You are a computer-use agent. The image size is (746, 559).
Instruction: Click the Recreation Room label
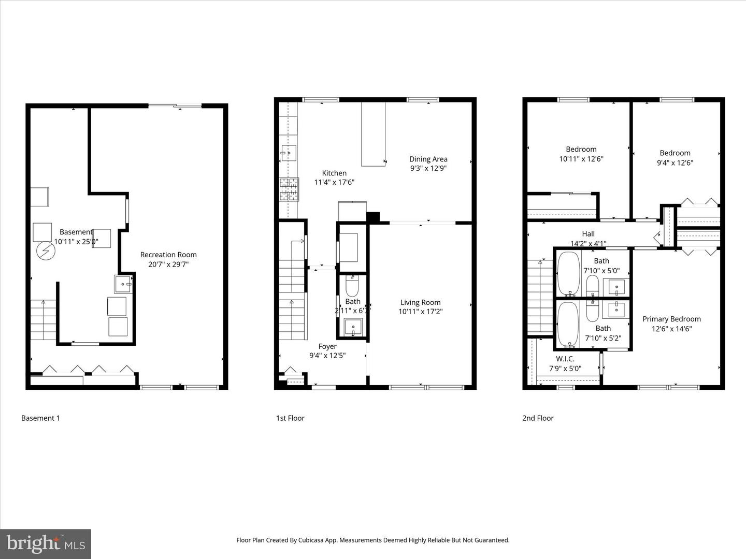168,255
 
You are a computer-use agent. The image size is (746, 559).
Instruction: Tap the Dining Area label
428,159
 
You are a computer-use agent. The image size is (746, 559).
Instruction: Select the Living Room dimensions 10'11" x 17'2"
420,312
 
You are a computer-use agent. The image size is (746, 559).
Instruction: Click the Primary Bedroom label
671,319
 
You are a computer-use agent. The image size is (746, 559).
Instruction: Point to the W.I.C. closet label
565,359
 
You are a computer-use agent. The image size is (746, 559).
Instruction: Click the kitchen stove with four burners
289,189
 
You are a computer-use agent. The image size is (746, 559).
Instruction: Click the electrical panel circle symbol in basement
46,251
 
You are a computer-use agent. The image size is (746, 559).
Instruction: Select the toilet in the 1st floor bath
352,286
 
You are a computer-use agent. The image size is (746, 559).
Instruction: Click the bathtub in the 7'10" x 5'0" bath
568,273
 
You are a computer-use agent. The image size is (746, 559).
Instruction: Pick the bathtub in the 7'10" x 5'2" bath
568,324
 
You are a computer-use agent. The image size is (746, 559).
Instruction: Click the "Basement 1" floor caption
40,418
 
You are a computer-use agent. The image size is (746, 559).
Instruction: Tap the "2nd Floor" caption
538,418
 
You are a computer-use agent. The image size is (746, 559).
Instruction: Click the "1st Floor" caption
290,418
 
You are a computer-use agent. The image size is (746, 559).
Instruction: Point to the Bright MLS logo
46,543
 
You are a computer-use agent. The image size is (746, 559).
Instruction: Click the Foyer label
327,346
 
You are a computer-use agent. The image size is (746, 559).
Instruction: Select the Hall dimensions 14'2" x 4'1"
588,243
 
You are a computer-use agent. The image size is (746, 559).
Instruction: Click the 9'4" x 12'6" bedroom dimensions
675,163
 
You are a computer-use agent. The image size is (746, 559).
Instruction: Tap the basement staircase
43,320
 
